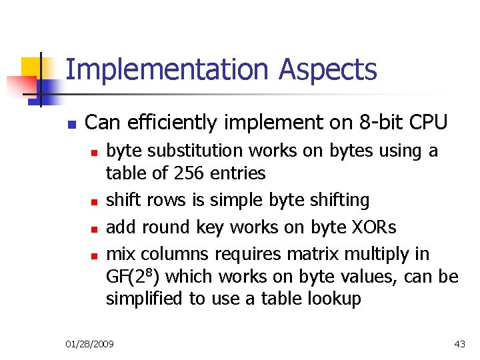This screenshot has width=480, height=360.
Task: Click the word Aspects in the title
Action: pyautogui.click(x=328, y=70)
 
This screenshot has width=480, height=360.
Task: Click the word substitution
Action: pyautogui.click(x=213, y=151)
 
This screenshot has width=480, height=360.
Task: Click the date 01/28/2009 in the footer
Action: pyautogui.click(x=90, y=344)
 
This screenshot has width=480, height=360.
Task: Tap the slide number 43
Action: pyautogui.click(x=459, y=344)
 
